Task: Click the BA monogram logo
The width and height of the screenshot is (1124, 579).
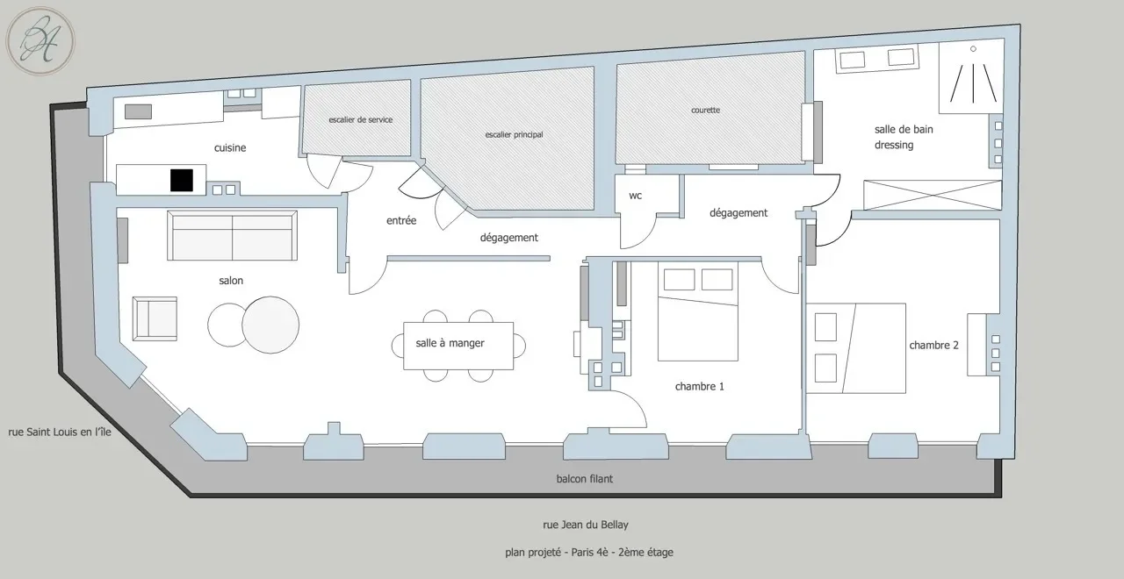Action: (40, 41)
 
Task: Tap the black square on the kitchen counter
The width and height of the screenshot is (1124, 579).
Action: (182, 181)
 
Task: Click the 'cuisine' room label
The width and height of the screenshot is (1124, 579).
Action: (230, 148)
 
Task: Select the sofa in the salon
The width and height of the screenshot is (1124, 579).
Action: (232, 236)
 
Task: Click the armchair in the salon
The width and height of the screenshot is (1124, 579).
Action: (155, 318)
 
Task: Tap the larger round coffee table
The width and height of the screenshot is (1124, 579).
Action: (270, 325)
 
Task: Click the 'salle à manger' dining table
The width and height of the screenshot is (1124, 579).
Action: (458, 346)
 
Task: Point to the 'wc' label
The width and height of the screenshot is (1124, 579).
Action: (635, 196)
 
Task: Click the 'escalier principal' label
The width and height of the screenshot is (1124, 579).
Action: (515, 134)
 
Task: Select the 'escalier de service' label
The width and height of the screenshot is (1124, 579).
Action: (361, 120)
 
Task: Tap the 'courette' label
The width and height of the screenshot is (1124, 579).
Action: (705, 110)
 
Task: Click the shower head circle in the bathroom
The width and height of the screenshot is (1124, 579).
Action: (973, 48)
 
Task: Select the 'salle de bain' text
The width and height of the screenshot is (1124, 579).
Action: (904, 129)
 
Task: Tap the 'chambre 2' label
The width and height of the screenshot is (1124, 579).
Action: (933, 346)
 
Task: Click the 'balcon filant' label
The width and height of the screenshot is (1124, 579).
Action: (585, 479)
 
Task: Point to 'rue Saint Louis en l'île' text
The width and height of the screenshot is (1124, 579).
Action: (60, 432)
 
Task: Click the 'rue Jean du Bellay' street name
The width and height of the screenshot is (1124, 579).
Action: (586, 525)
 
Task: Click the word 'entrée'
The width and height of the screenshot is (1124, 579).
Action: (401, 220)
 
